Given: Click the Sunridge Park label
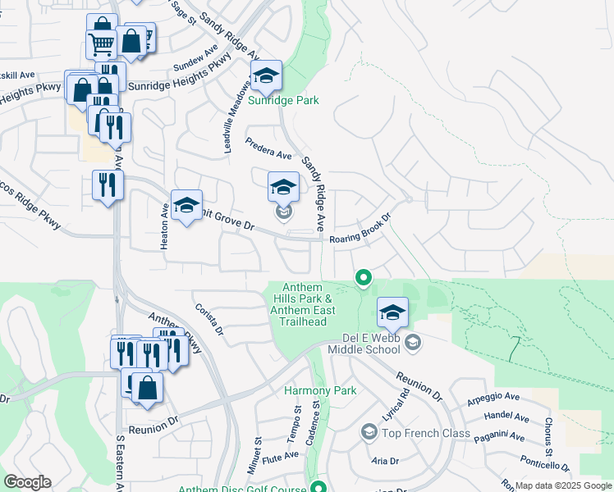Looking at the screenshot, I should pyautogui.click(x=283, y=101).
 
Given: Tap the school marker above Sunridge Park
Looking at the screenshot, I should pyautogui.click(x=266, y=77).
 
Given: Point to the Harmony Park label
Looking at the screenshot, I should pyautogui.click(x=320, y=391).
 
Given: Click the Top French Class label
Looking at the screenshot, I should pyautogui.click(x=424, y=432).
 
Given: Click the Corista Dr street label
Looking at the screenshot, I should pyautogui.click(x=209, y=320).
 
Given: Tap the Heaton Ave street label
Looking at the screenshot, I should pyautogui.click(x=165, y=216).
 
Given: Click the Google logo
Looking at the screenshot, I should pyautogui.click(x=27, y=482).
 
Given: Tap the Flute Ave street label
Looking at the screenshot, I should pyautogui.click(x=282, y=455).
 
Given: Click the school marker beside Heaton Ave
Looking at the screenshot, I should pyautogui.click(x=186, y=207).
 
